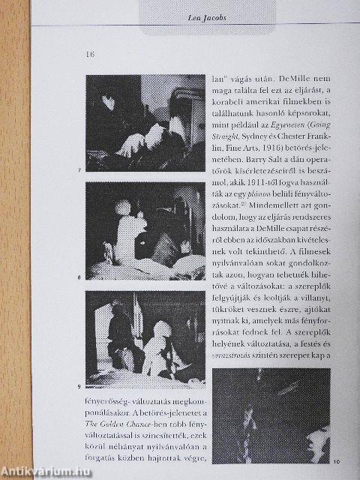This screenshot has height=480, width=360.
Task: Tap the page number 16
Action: click(91, 55)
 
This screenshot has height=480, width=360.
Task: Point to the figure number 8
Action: click(79, 278)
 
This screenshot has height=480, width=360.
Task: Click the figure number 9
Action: click(79, 386)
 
